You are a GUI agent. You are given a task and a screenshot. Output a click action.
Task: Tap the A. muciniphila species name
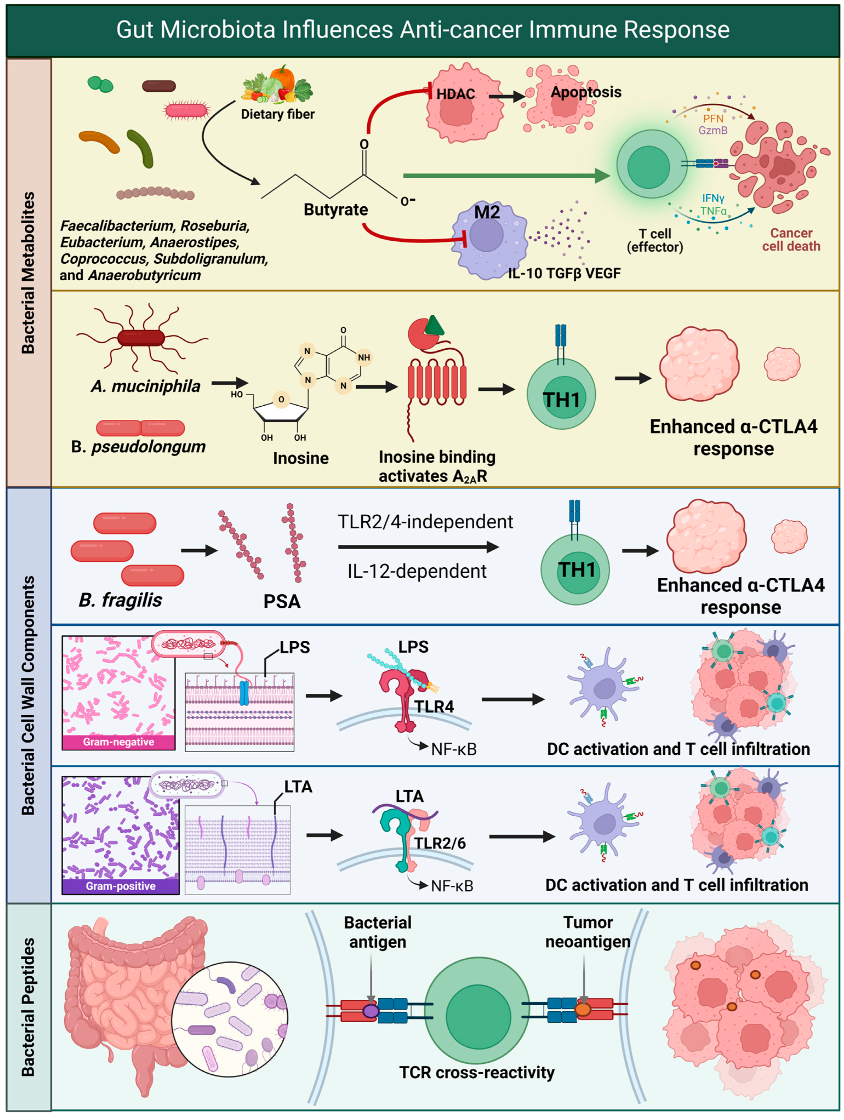[146, 386]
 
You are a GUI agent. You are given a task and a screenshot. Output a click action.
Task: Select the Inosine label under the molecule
[301, 458]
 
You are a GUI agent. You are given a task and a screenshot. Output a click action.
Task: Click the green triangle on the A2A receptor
[434, 326]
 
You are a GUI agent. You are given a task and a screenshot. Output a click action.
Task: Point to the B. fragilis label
[121, 600]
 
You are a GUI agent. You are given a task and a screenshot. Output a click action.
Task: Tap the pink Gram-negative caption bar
[118, 742]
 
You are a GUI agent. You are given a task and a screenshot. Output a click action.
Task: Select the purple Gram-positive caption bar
[121, 886]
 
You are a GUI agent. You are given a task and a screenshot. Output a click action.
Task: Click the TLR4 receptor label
[434, 706]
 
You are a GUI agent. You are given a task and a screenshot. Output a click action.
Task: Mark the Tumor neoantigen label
[587, 932]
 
